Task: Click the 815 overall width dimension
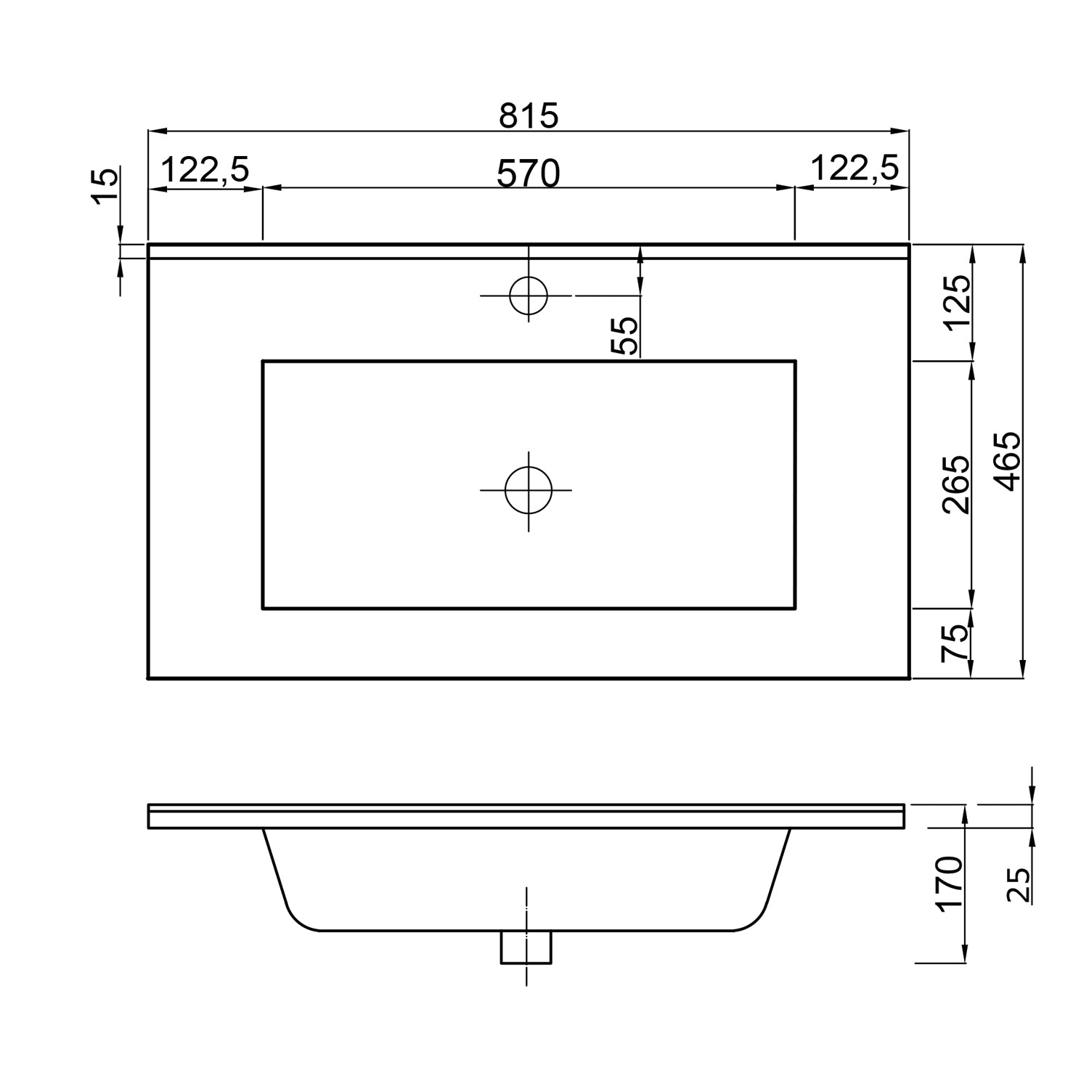pos(529,115)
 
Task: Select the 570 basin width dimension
pos(529,174)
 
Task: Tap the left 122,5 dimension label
pos(205,170)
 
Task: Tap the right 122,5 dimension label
pos(854,168)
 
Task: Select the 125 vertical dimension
pos(956,302)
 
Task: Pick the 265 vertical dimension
pos(956,484)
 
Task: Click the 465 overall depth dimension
pos(1007,462)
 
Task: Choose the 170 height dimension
pos(949,883)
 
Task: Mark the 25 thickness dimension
pos(1019,884)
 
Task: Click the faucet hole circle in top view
pos(529,295)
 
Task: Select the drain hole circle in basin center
pos(529,490)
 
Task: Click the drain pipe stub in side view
pos(526,947)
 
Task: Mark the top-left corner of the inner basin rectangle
pos(263,361)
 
